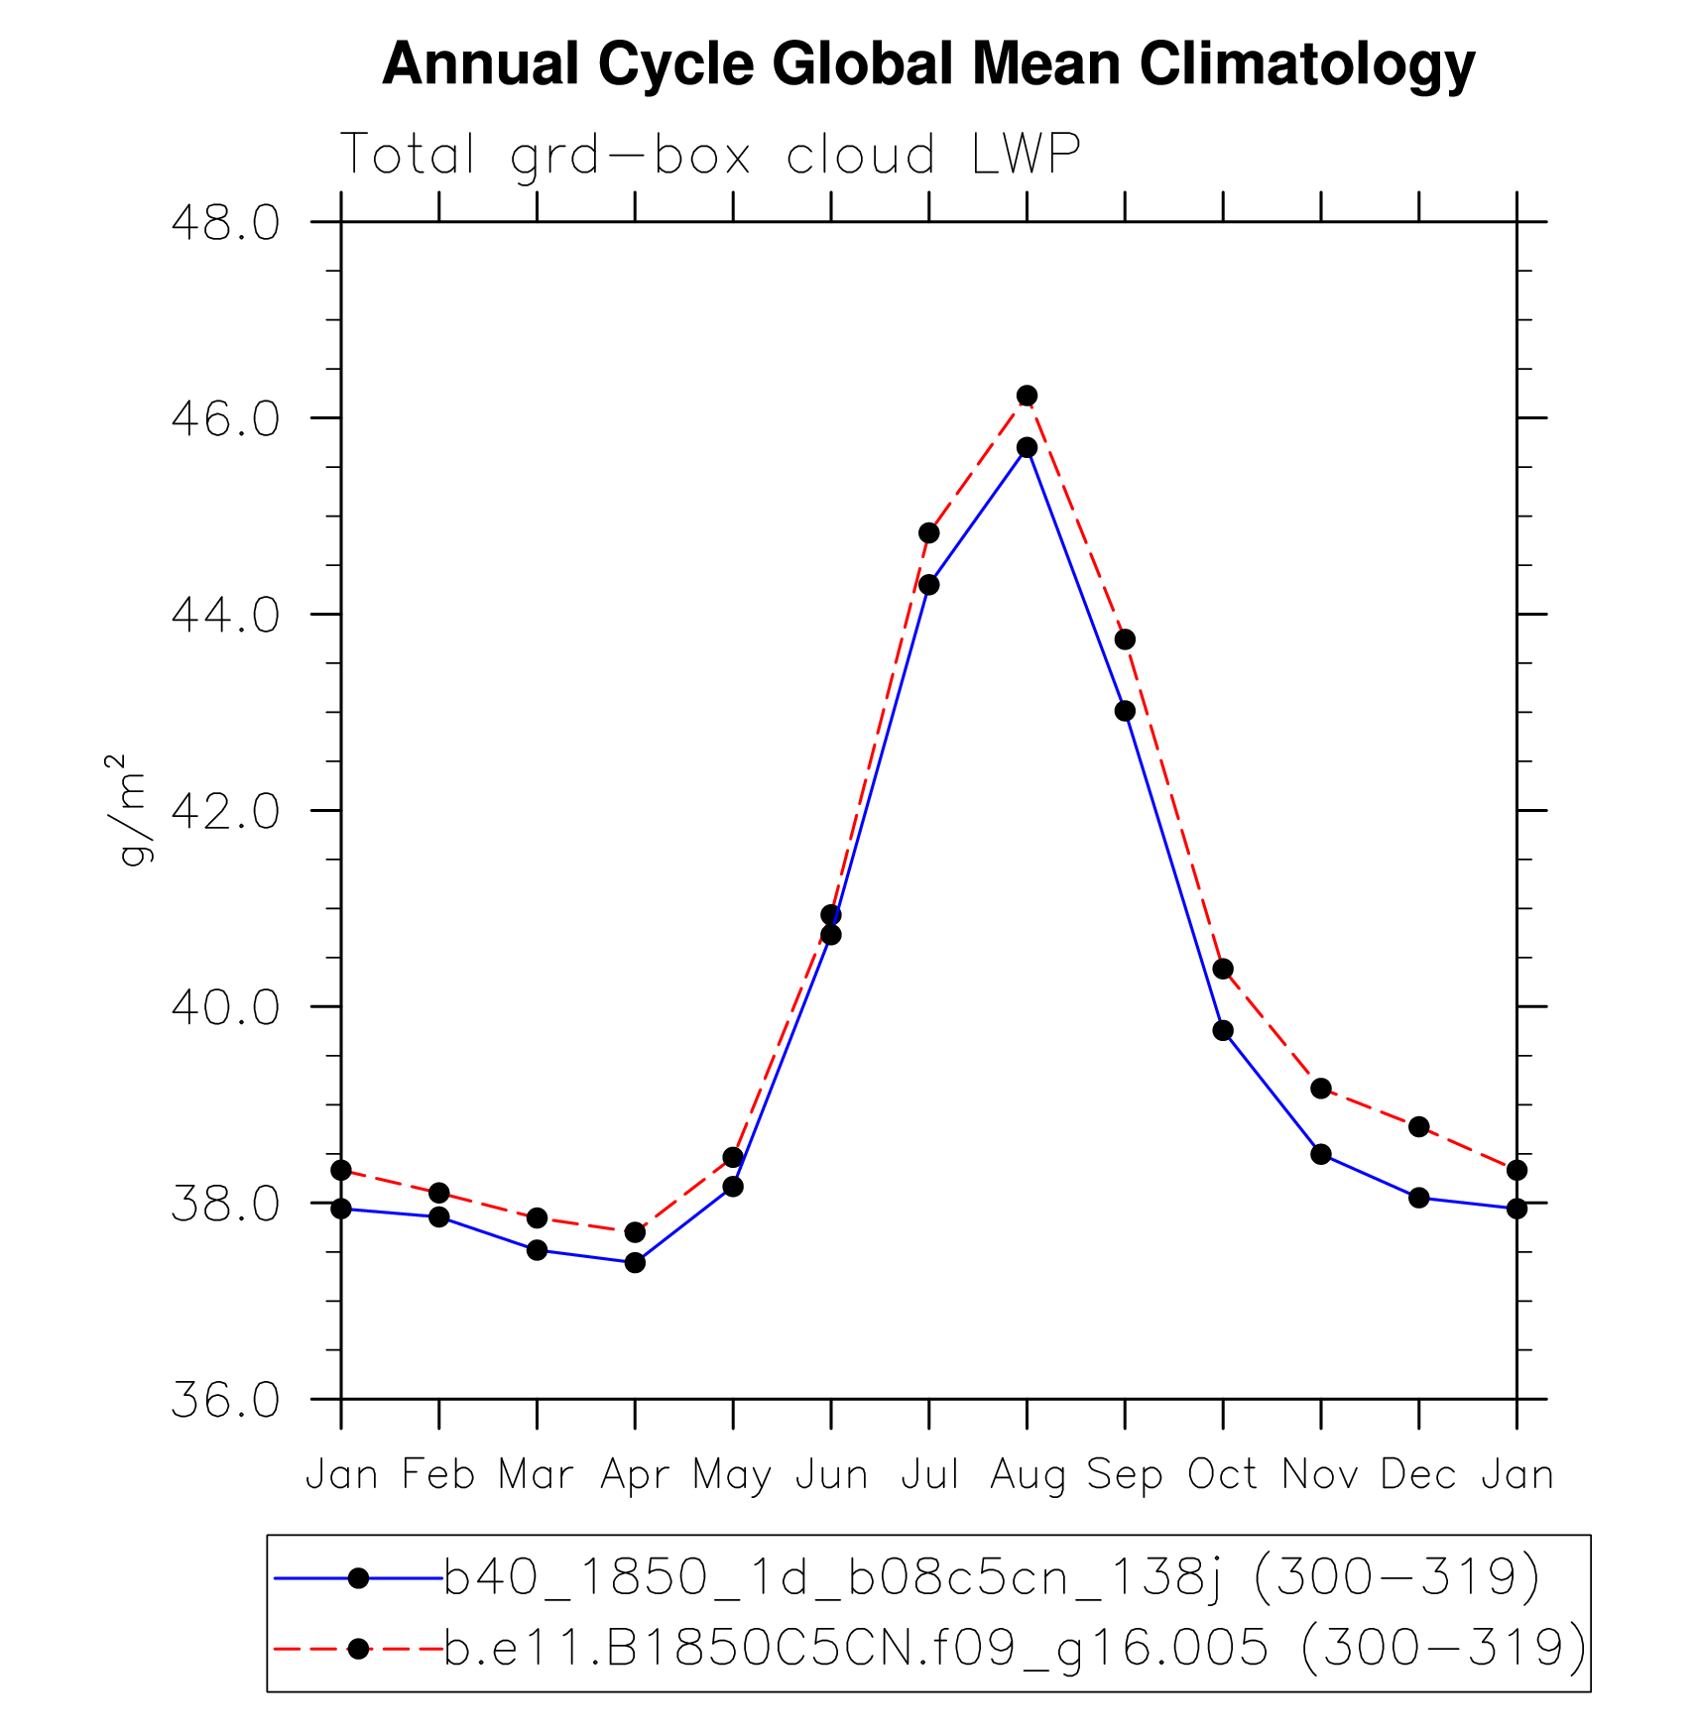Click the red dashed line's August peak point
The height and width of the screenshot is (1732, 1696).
tap(1027, 396)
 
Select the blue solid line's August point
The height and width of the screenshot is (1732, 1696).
tap(1027, 447)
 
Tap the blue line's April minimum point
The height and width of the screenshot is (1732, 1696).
tap(635, 1262)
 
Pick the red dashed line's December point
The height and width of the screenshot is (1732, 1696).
tap(1418, 1126)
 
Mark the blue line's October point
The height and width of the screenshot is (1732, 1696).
tap(1223, 1030)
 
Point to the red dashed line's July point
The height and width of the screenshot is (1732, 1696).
tap(928, 532)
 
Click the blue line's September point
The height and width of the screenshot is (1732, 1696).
tap(1125, 711)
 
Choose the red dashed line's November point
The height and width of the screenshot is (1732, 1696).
tap(1321, 1088)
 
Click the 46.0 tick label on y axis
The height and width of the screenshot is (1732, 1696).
tap(225, 419)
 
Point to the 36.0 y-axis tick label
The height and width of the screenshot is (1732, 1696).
tap(225, 1401)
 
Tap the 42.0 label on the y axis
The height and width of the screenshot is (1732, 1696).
tap(225, 812)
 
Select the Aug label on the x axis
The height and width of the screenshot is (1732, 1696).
tap(1027, 1476)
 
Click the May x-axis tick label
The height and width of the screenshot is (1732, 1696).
tap(732, 1476)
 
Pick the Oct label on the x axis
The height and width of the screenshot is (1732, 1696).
tap(1223, 1474)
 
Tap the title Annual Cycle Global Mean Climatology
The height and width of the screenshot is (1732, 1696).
tap(928, 63)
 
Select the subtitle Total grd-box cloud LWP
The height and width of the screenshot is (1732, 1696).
tap(710, 155)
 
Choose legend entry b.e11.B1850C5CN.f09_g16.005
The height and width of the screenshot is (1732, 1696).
tap(1015, 1648)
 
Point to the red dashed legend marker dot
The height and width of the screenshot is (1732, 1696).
tap(358, 1649)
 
